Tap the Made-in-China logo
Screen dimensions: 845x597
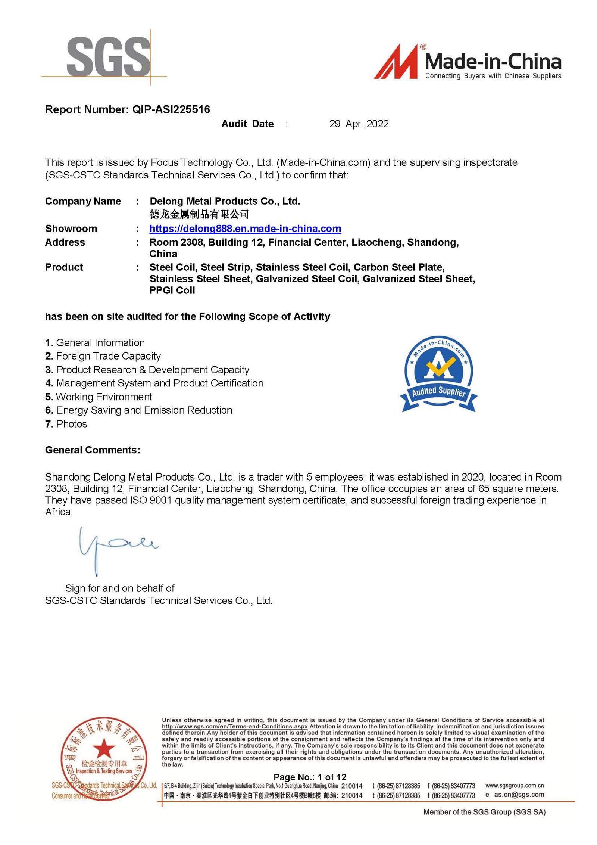467,62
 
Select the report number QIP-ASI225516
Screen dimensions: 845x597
171,109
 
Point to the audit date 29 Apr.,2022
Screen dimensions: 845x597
359,124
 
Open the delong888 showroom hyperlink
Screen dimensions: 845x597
245,229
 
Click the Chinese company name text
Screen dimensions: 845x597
199,214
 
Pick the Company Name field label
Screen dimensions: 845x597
83,201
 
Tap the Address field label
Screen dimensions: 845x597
65,242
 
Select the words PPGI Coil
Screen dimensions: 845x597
172,291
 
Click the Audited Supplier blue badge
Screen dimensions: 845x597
438,373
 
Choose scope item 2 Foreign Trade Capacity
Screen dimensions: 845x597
103,356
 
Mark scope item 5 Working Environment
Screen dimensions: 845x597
99,397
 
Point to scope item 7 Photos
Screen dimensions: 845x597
66,424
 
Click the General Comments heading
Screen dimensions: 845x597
93,450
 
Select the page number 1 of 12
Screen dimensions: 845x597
310,777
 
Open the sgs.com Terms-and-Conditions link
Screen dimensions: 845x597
234,727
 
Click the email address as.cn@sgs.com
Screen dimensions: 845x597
519,795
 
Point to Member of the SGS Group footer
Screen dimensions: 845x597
484,812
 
